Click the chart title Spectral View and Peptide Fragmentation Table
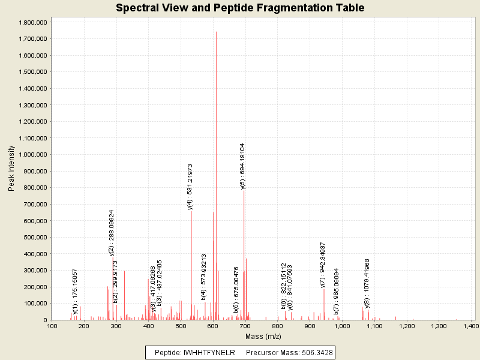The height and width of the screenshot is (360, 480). click(x=240, y=8)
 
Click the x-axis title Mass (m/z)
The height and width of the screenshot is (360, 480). click(x=262, y=337)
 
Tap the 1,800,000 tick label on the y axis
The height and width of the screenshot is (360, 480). click(x=34, y=22)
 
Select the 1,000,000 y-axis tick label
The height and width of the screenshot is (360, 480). click(x=34, y=155)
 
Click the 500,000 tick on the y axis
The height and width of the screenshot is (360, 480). click(x=36, y=238)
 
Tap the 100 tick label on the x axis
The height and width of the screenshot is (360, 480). click(x=52, y=326)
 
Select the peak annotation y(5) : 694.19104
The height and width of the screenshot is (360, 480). click(x=242, y=166)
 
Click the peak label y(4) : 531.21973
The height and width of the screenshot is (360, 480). click(x=190, y=187)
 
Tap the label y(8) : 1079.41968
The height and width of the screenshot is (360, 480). click(x=367, y=283)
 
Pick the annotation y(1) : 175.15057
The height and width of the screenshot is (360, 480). click(x=75, y=291)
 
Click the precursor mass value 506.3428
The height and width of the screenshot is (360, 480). click(x=312, y=352)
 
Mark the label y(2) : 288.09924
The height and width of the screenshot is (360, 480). click(x=112, y=233)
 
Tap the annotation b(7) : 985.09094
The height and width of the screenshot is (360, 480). click(x=337, y=291)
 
